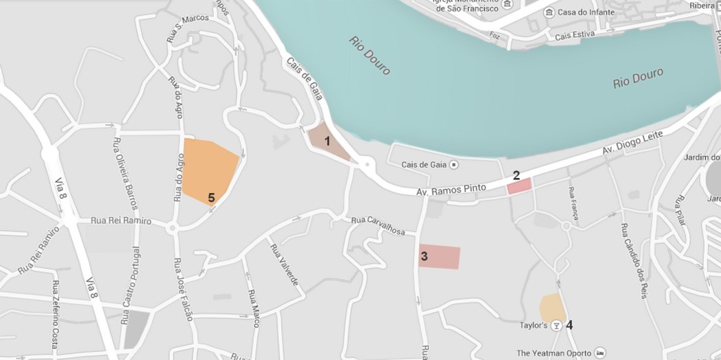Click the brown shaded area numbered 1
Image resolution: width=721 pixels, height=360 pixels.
coord(324,142)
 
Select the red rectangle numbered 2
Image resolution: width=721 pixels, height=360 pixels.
coord(520,185)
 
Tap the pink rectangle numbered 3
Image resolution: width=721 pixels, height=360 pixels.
coord(440,256)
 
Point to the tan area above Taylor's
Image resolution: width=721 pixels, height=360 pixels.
coord(552,306)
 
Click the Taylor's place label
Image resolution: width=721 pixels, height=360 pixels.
coord(533,325)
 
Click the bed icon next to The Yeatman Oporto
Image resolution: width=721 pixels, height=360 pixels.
coord(601,352)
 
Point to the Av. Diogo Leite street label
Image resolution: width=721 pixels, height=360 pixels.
coord(633,144)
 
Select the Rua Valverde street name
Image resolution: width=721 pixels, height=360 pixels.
coord(285,265)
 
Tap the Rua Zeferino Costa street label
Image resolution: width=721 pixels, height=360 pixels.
coord(54,314)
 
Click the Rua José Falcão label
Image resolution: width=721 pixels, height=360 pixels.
coord(183,289)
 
